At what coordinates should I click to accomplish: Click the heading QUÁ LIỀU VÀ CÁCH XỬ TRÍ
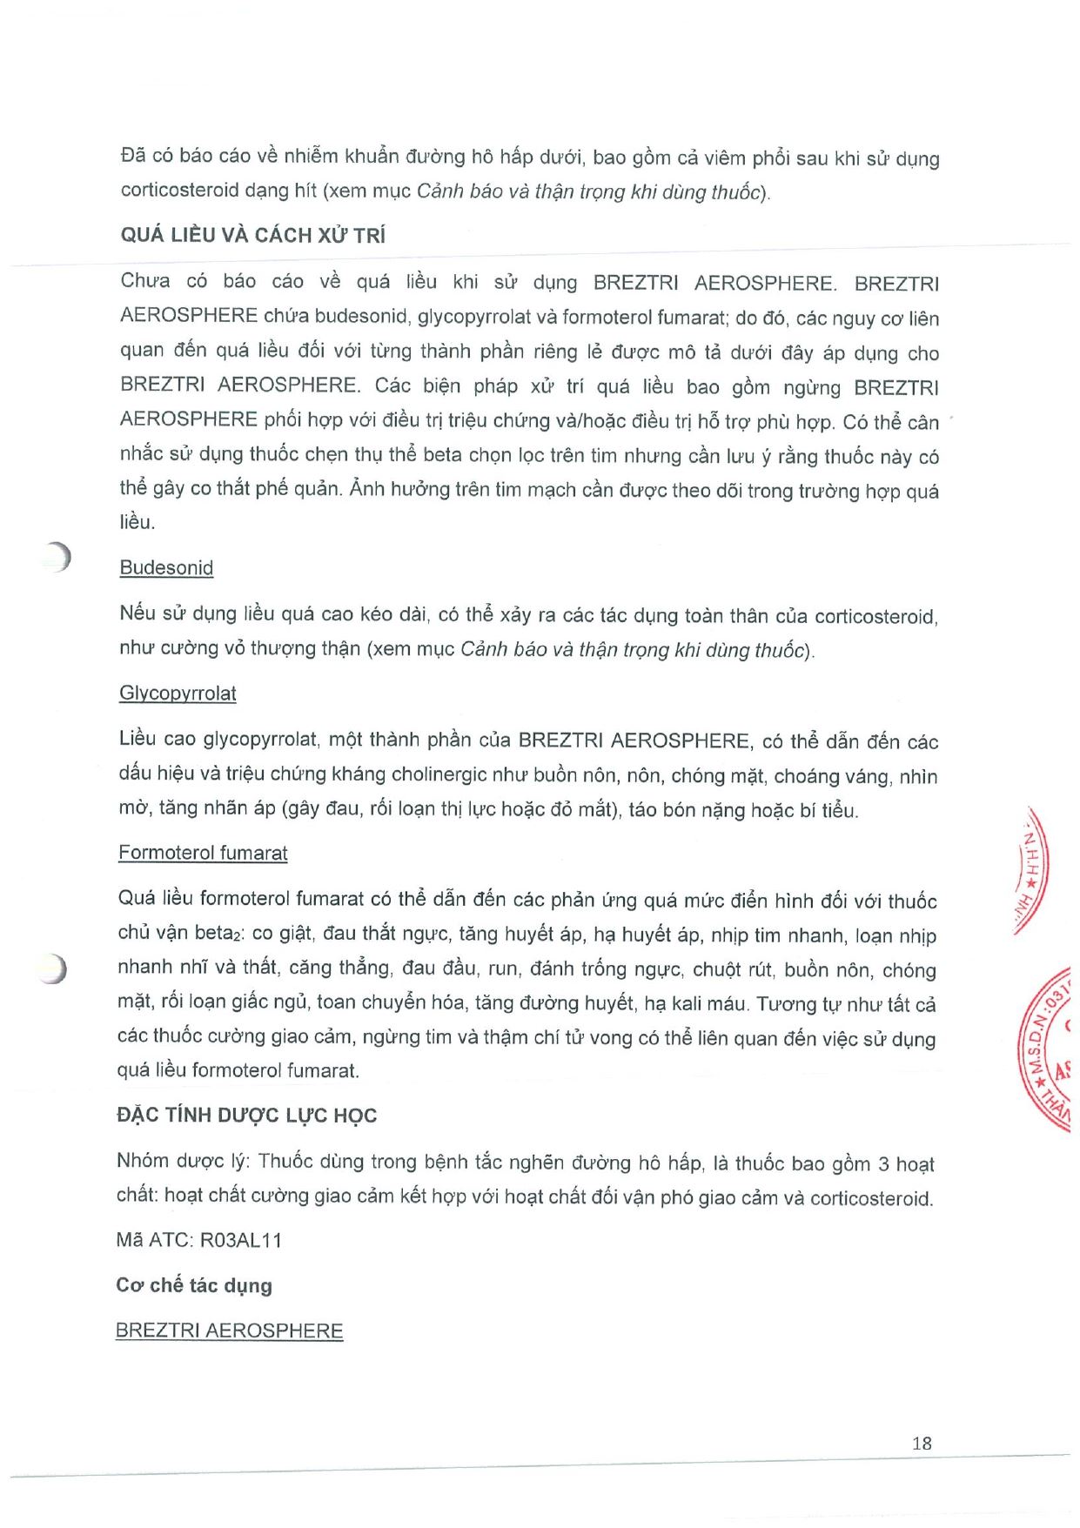[x=252, y=235]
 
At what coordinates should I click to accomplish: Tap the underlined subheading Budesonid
[x=166, y=568]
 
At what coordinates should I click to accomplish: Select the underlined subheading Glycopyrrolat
[x=178, y=694]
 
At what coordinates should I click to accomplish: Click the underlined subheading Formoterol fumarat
[x=203, y=853]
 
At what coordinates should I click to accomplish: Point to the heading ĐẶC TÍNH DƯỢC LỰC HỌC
[x=246, y=1116]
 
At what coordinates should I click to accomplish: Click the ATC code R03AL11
[x=241, y=1240]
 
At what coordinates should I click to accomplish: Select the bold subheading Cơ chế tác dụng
[x=194, y=1285]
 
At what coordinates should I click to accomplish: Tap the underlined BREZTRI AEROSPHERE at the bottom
[x=229, y=1331]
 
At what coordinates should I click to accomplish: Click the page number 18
[x=922, y=1443]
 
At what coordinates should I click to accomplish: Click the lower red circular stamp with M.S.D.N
[x=1049, y=1049]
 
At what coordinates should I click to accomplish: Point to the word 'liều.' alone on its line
[x=137, y=523]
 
